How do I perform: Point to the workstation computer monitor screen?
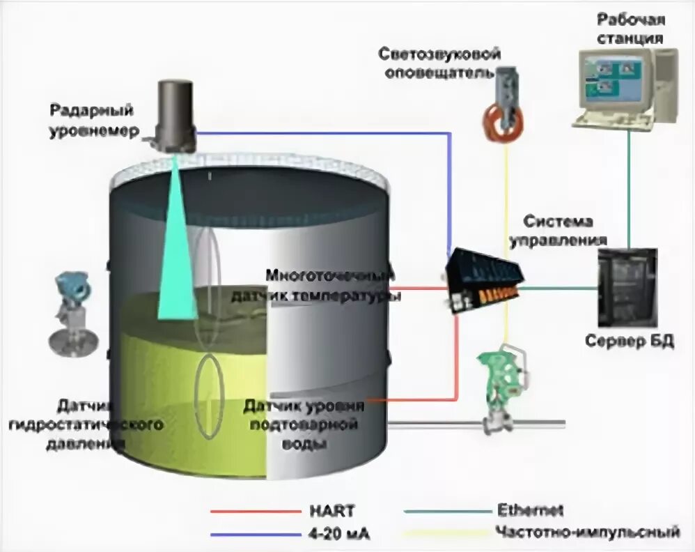(615, 78)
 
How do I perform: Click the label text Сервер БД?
(629, 342)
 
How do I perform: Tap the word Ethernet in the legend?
(530, 512)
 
